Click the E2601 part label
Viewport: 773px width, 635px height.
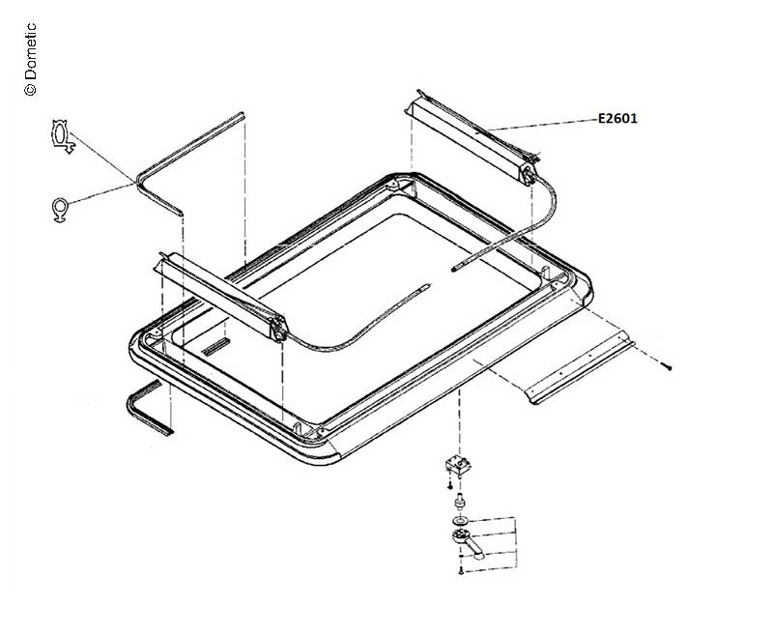[x=617, y=118]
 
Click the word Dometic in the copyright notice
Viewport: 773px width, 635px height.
[x=30, y=51]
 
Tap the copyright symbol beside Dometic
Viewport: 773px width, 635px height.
[x=30, y=89]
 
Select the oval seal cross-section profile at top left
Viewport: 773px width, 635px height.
[x=62, y=136]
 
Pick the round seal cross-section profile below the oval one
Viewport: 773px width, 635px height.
[x=60, y=208]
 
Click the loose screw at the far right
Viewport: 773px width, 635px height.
[x=668, y=367]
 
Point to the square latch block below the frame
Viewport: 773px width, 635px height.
[x=458, y=465]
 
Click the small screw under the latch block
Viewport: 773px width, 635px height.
[x=449, y=485]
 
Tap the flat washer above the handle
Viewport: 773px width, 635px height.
[x=460, y=521]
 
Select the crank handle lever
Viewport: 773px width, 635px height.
[x=469, y=542]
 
